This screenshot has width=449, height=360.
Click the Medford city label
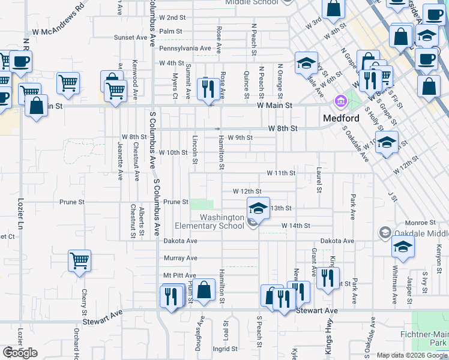click(x=341, y=118)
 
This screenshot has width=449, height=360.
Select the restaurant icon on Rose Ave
click(x=207, y=88)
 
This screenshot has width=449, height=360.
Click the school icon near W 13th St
click(x=258, y=208)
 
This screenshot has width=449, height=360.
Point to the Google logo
click(x=20, y=353)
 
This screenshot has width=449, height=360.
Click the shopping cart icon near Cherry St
click(x=79, y=261)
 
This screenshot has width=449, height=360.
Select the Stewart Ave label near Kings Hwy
click(x=318, y=311)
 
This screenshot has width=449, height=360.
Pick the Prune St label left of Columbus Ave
click(x=72, y=202)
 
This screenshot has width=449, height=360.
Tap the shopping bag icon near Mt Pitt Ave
click(x=204, y=290)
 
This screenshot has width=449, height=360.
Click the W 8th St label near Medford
click(x=283, y=128)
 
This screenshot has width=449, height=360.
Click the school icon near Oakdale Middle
click(x=403, y=246)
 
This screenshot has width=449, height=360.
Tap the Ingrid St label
click(x=226, y=348)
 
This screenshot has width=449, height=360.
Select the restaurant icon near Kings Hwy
click(x=328, y=278)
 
